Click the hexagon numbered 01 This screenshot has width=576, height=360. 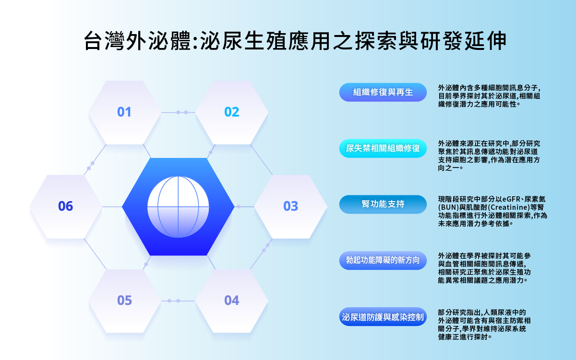[x=124, y=112]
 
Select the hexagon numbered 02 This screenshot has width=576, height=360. [x=232, y=112]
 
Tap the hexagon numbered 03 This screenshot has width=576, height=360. [x=290, y=206]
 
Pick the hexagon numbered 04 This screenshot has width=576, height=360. [x=232, y=301]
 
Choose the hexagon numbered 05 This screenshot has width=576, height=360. [x=124, y=301]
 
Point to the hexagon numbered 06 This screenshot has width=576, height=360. [x=66, y=206]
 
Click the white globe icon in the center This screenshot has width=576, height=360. [x=178, y=207]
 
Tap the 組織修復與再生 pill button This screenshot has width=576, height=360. [x=383, y=92]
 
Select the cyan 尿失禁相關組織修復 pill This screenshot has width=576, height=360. [x=383, y=148]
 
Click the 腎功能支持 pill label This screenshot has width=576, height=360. [x=383, y=204]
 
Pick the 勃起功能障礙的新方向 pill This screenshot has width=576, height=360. [x=383, y=261]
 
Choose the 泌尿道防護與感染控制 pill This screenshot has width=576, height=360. [x=383, y=317]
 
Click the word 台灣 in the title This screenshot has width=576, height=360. [x=105, y=41]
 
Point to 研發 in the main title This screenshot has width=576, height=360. [x=442, y=41]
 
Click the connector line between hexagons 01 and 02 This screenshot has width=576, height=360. [x=178, y=112]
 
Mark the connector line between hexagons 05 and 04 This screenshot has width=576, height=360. [x=178, y=301]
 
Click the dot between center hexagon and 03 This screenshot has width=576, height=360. [x=239, y=206]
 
